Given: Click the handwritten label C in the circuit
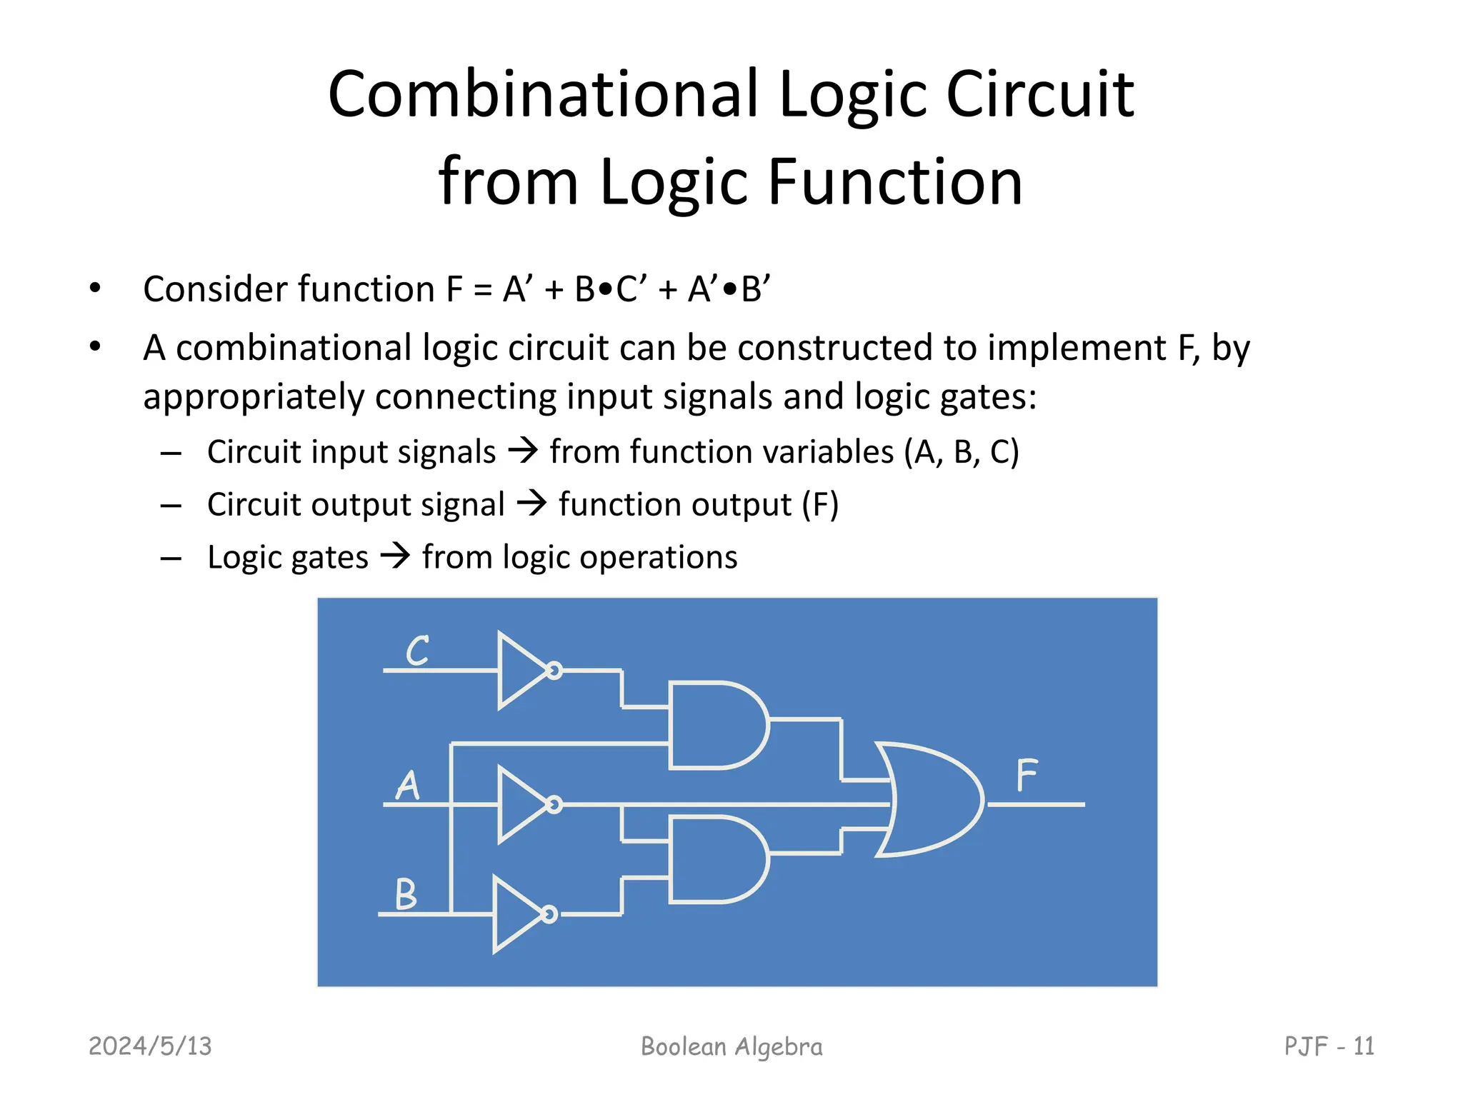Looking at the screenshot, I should pyautogui.click(x=417, y=651).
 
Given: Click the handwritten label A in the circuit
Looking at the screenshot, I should pyautogui.click(x=408, y=785).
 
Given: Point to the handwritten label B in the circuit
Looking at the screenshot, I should pyautogui.click(x=406, y=893).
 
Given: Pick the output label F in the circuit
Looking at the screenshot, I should pyautogui.click(x=1027, y=776).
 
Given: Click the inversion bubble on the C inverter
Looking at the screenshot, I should pyautogui.click(x=554, y=671).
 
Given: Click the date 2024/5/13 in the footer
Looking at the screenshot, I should pyautogui.click(x=150, y=1046).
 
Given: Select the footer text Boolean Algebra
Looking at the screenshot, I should pyautogui.click(x=731, y=1046).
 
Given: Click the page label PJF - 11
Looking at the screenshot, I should pyautogui.click(x=1329, y=1046).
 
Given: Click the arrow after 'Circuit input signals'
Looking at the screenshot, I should pyautogui.click(x=523, y=451).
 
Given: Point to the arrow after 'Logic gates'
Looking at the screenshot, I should pyautogui.click(x=395, y=556).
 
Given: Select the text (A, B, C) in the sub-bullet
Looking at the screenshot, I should pyautogui.click(x=962, y=451).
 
